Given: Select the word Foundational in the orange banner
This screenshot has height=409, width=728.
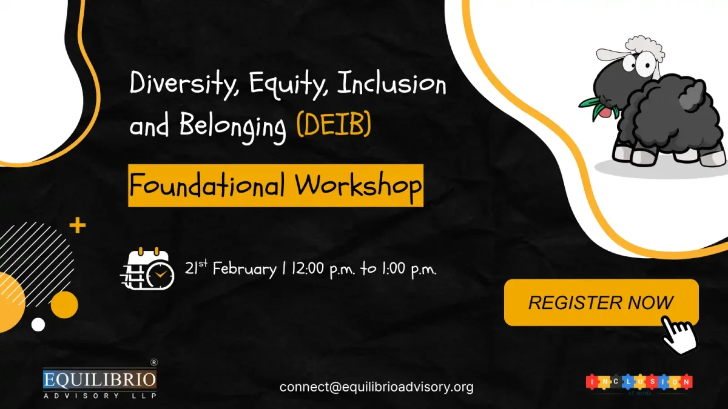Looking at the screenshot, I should [x=206, y=185].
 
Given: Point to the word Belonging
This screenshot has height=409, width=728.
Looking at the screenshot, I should [x=233, y=127].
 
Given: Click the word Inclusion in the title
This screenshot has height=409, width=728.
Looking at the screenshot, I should [x=391, y=84].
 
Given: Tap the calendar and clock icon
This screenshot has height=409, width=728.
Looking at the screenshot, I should [x=147, y=268].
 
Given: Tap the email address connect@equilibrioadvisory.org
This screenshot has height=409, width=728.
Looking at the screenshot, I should [x=376, y=387].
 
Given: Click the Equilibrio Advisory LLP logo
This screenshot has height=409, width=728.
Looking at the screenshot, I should [x=99, y=384].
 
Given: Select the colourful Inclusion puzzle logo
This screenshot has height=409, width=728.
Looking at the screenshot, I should [x=639, y=382].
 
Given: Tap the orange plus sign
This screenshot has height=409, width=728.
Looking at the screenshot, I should [x=78, y=227].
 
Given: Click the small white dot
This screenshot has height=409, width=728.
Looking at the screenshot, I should [x=38, y=325].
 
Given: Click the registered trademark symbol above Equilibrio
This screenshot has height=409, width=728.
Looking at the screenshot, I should [x=153, y=362].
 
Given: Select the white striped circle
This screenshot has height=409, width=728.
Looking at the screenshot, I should [x=36, y=254].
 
